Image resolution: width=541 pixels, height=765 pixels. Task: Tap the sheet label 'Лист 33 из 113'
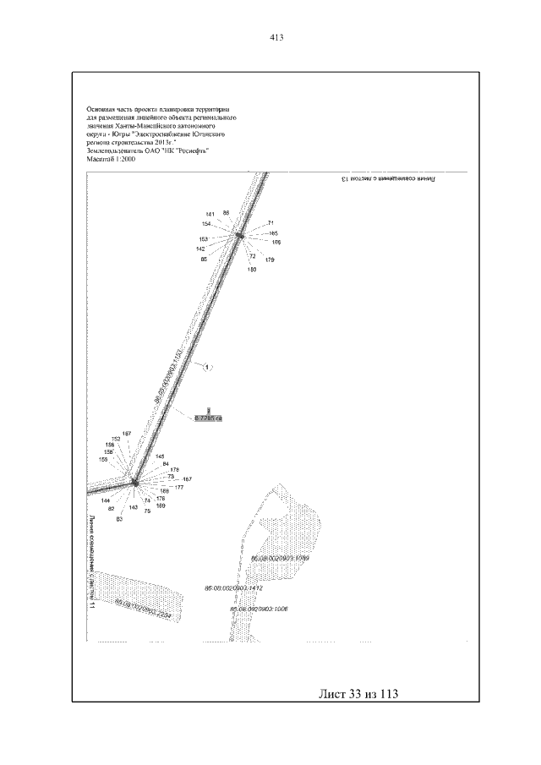(x=358, y=694)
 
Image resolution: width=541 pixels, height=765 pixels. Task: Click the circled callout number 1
(x=208, y=367)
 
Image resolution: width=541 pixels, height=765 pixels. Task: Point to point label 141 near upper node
(x=210, y=214)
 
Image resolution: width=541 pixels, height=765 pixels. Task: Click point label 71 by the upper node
(x=271, y=223)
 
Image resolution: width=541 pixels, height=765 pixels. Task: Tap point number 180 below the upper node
(x=252, y=269)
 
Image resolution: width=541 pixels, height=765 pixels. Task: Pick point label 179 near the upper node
(x=269, y=260)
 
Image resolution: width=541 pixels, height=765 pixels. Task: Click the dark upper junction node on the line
(x=238, y=236)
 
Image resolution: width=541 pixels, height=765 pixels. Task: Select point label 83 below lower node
(x=119, y=519)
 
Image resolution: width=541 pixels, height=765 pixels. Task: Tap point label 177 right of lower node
(x=179, y=488)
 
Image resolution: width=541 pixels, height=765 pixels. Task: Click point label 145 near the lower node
(x=160, y=456)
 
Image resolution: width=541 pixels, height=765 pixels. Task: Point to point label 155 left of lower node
(x=103, y=459)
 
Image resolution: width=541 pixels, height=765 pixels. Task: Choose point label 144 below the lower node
(x=105, y=500)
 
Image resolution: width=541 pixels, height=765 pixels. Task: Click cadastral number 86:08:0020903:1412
(x=234, y=587)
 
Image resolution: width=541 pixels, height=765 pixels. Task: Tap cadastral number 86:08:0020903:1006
(x=259, y=608)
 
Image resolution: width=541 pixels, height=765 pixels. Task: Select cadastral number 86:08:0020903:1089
(x=281, y=560)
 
